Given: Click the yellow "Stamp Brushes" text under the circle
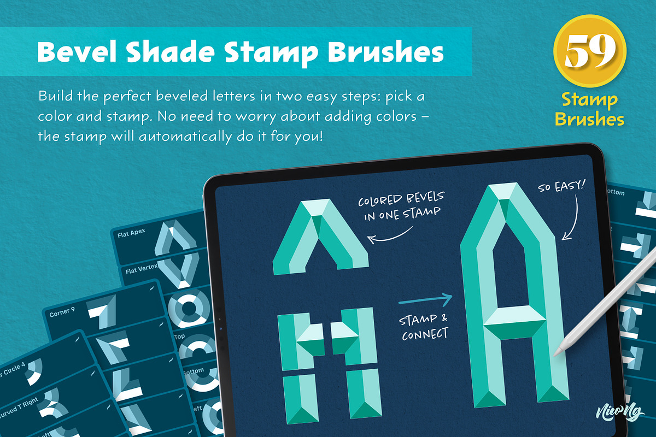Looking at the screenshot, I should pos(589,110).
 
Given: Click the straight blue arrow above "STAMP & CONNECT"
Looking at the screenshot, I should pos(425,300).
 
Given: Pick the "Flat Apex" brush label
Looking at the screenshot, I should pos(131,236).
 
